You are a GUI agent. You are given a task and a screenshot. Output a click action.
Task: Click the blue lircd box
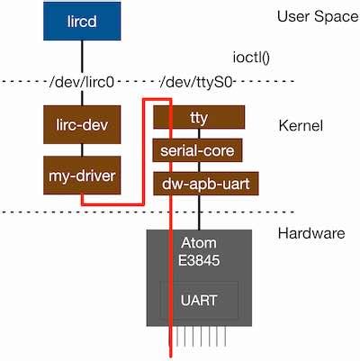click(x=83, y=20)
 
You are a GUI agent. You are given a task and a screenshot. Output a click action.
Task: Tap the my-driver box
click(x=82, y=173)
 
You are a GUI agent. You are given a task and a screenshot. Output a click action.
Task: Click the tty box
click(x=199, y=117)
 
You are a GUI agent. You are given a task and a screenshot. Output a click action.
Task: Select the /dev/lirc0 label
click(x=83, y=83)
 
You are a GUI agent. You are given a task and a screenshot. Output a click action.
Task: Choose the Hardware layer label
click(x=311, y=233)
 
